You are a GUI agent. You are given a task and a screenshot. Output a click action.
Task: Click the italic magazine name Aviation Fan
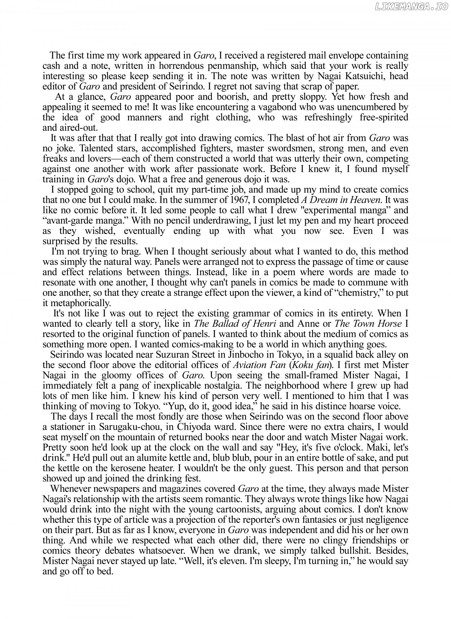(259, 365)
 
